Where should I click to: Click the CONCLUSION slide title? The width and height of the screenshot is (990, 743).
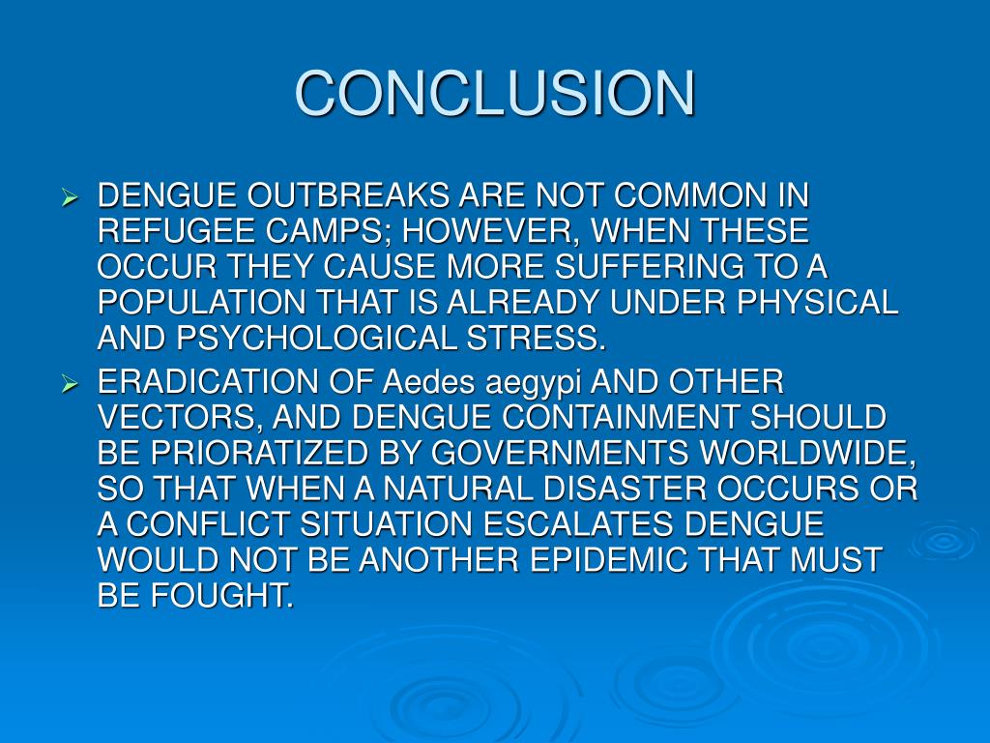pyautogui.click(x=495, y=94)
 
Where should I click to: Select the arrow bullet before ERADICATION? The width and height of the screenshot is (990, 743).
pyautogui.click(x=69, y=385)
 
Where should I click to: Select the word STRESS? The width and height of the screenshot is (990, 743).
pyautogui.click(x=544, y=340)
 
